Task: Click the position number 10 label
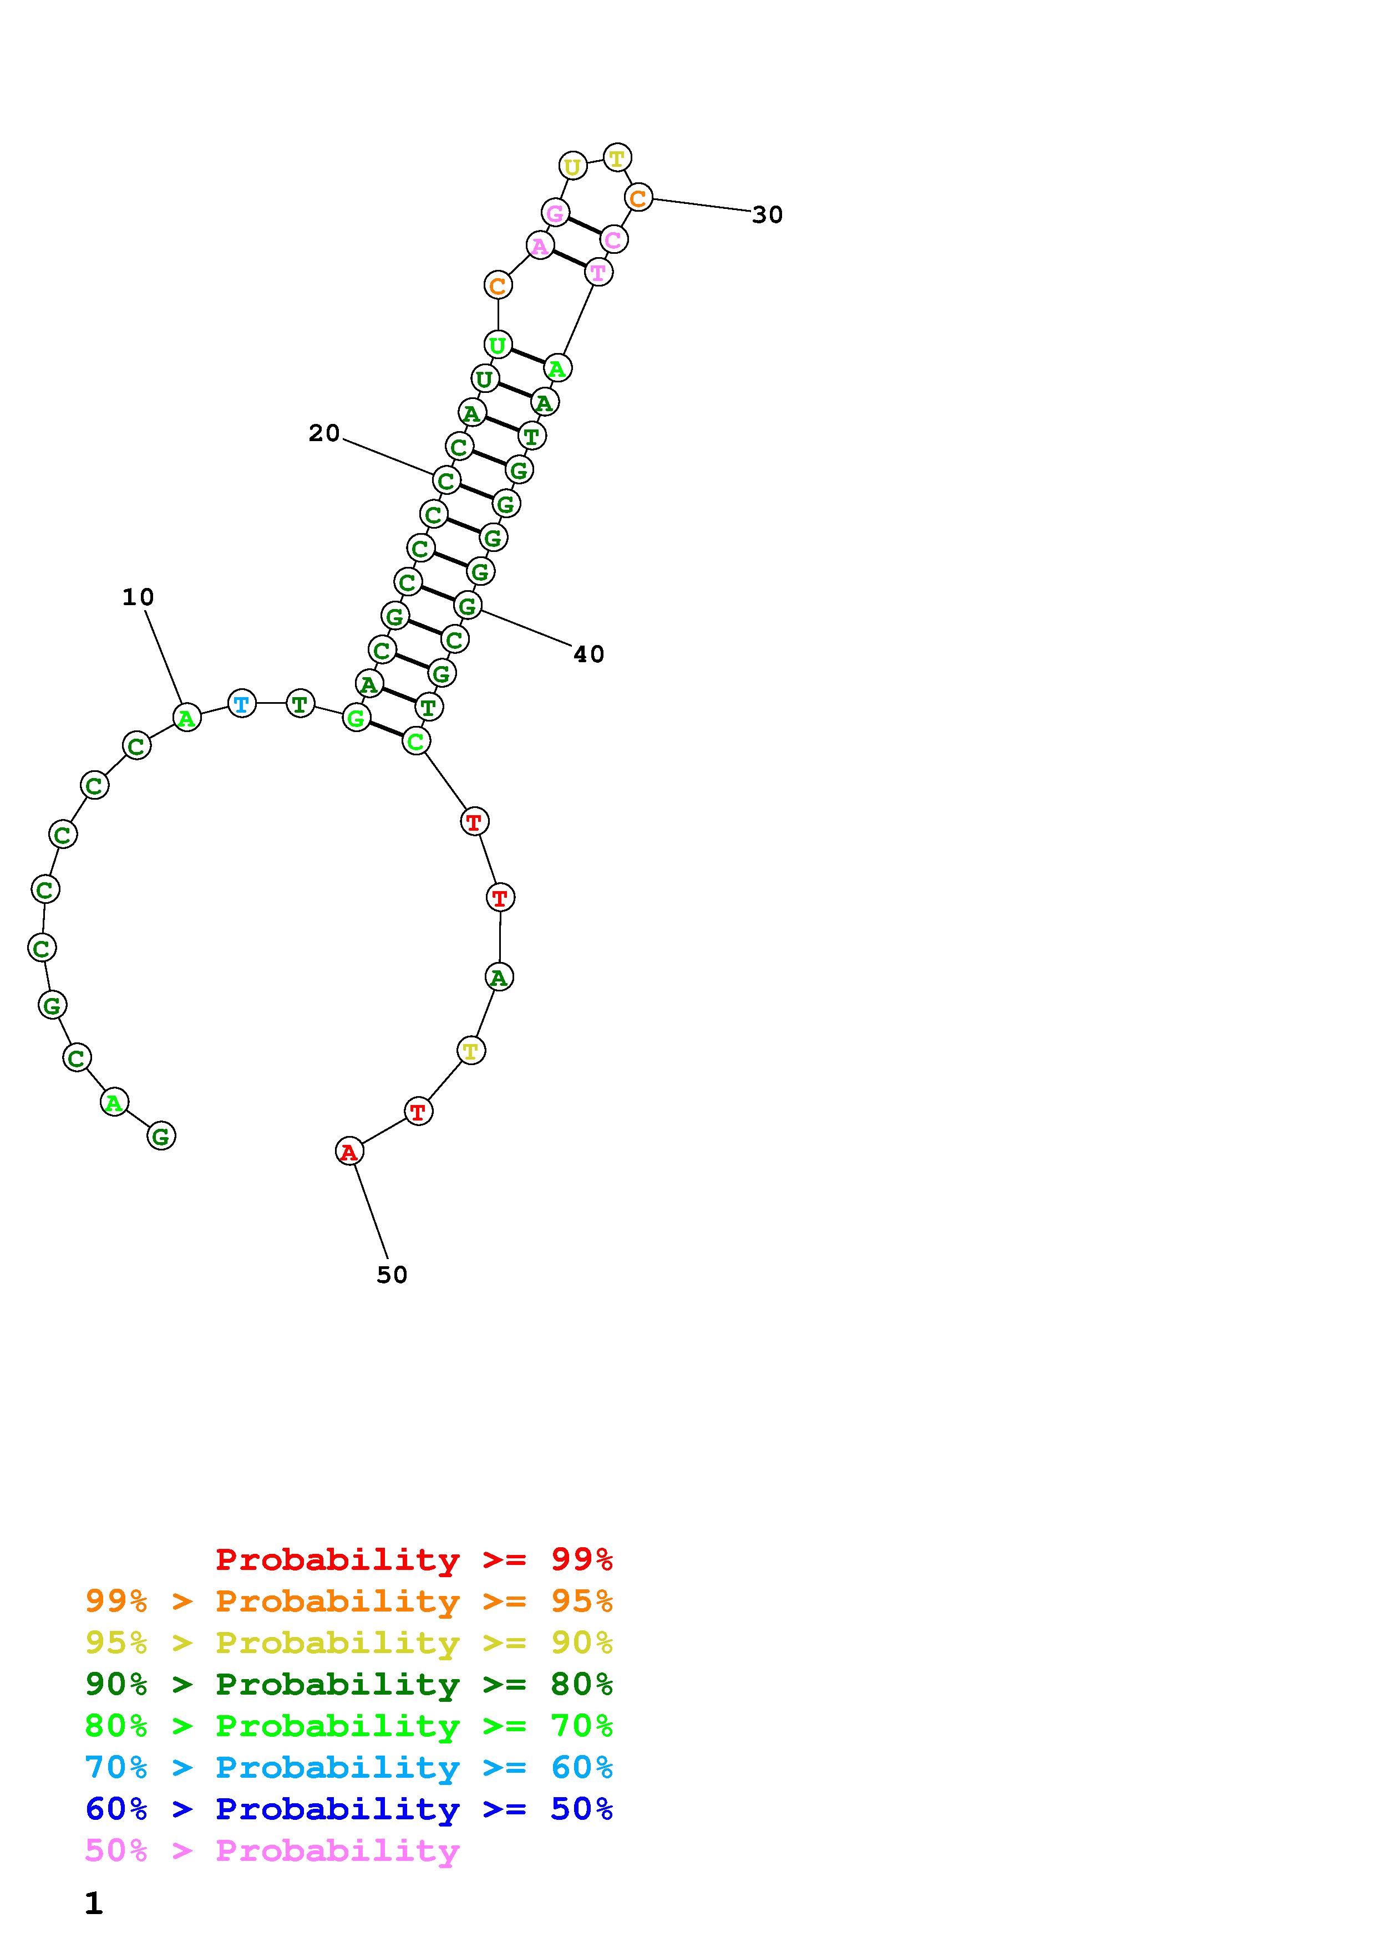[x=138, y=598]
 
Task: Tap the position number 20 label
[x=323, y=433]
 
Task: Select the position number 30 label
[x=768, y=215]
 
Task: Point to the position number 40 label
[x=589, y=654]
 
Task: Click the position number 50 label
[x=392, y=1275]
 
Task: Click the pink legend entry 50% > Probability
[x=272, y=1851]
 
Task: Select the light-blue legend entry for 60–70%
[x=349, y=1768]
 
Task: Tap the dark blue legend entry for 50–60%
[x=349, y=1809]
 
